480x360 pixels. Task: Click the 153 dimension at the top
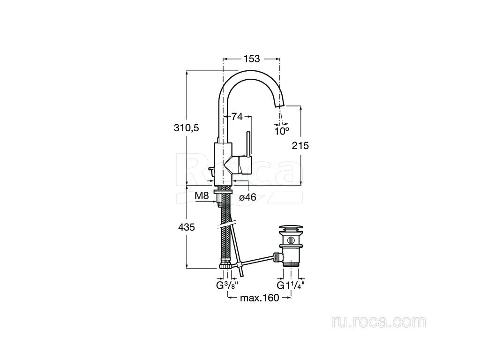click(x=252, y=58)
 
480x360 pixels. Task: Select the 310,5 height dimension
click(x=187, y=127)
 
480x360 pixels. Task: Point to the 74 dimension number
click(x=237, y=117)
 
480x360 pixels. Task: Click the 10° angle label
click(x=282, y=131)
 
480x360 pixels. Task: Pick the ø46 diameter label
click(x=247, y=197)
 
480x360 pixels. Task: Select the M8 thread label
click(x=202, y=195)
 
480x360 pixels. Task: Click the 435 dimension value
click(x=187, y=227)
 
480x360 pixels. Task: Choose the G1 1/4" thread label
click(x=291, y=285)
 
